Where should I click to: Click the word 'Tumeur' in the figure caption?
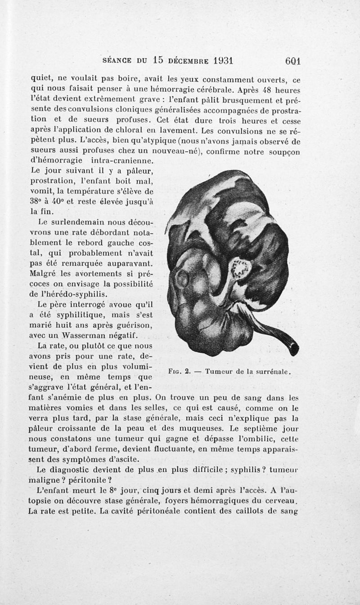[219, 372]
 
